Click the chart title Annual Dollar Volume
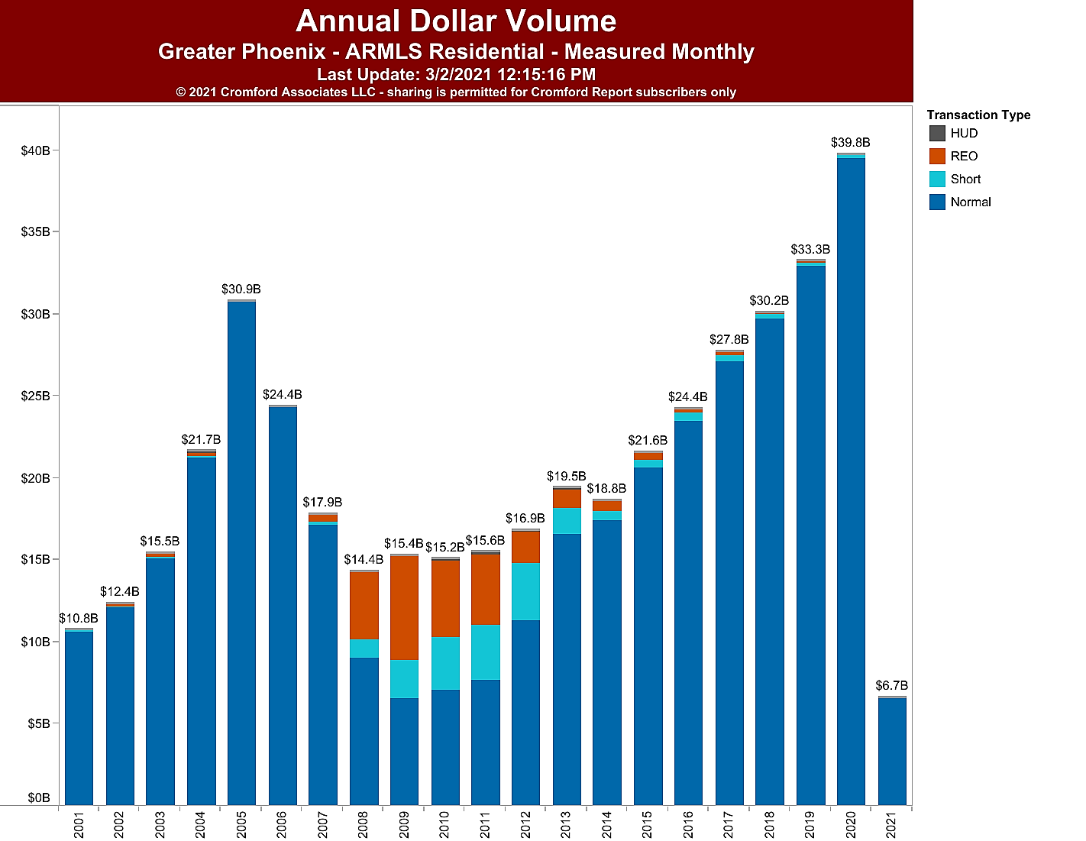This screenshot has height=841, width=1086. (456, 21)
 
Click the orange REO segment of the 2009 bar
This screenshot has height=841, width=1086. (404, 607)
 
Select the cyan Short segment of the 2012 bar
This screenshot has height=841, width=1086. (525, 591)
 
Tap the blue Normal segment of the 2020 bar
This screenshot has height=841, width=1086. (851, 481)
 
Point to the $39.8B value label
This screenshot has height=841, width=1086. (851, 143)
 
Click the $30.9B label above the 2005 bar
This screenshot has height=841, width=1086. (241, 289)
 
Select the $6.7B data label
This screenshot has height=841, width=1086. (892, 686)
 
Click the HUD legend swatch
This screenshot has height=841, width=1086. (937, 134)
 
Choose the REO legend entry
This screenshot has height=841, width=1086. (964, 157)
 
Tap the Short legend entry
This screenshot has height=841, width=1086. (965, 180)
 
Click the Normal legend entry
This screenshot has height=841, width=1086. (970, 202)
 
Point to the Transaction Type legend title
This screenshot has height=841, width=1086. (978, 115)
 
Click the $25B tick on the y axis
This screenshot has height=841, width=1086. (35, 396)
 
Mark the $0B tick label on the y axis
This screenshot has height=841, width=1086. (38, 798)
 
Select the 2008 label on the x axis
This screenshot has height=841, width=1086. (364, 825)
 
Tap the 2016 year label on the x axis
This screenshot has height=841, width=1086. (688, 825)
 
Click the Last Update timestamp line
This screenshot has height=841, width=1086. (456, 75)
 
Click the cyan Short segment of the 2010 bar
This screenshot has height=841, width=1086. (445, 663)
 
